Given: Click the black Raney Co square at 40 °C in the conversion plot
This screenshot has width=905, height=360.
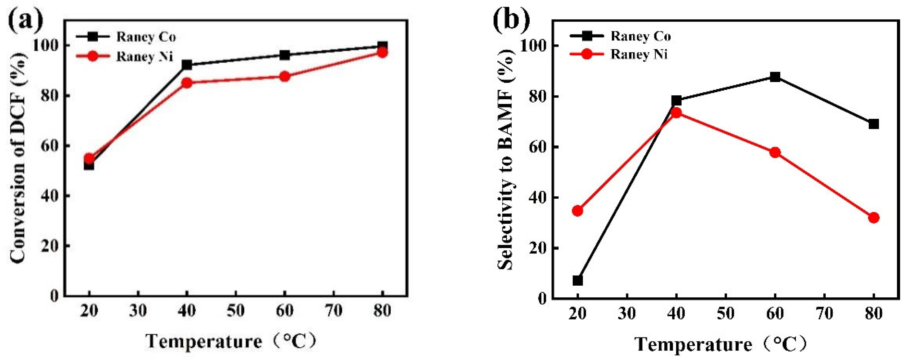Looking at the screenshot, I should click(187, 65).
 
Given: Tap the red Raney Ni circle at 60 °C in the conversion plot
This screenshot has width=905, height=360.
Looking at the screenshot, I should click(285, 77).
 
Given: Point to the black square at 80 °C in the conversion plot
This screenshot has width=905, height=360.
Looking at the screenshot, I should click(383, 46).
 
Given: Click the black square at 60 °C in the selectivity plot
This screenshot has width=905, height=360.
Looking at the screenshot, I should click(775, 77).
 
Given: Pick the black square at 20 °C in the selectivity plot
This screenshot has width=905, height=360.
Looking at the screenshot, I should click(578, 280).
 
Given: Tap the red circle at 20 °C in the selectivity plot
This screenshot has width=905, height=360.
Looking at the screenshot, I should click(578, 211).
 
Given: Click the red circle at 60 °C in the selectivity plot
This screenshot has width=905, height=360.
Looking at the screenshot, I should click(775, 152).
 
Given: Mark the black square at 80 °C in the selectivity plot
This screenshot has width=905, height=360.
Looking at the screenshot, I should click(874, 124).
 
